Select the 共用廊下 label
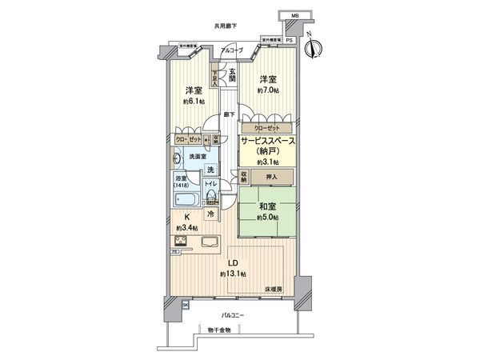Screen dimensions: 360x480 coord(226,26)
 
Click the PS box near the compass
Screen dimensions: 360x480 coord(290,40)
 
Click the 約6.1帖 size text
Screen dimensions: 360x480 coord(193,102)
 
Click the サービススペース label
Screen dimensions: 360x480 coord(267,141)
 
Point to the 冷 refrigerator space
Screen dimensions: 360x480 coord(210,214)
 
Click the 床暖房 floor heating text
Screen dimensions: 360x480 coord(273,286)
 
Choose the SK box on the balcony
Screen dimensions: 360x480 coord(185,305)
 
